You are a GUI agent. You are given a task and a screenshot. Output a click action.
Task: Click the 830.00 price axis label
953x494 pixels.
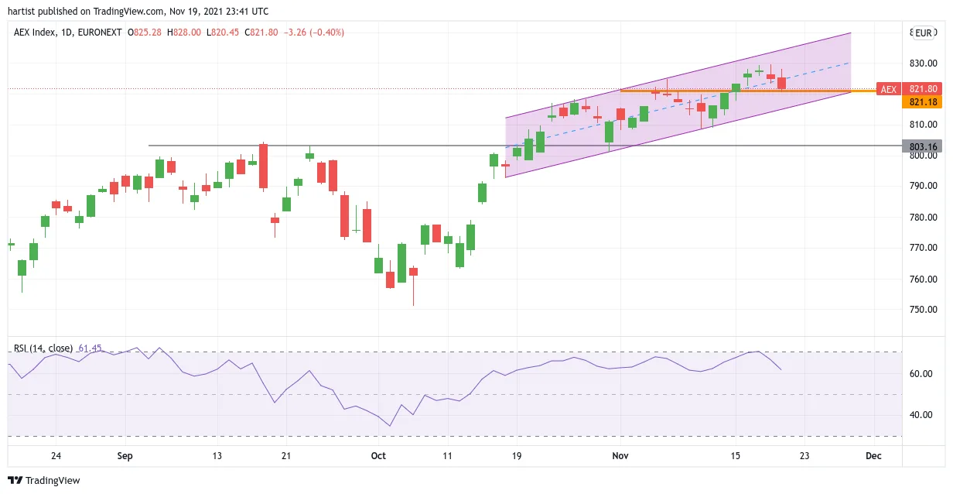click(924, 63)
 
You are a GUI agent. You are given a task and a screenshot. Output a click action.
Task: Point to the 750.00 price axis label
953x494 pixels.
click(924, 310)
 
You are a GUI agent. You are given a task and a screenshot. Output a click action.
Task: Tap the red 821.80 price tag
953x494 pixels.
click(924, 89)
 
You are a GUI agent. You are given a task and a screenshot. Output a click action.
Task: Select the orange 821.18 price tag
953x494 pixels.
click(924, 101)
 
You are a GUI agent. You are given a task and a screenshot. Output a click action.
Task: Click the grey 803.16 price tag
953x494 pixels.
click(924, 146)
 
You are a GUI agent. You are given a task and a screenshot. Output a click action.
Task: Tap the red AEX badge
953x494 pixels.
click(888, 90)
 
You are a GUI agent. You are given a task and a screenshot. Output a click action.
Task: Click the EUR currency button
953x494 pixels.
click(924, 33)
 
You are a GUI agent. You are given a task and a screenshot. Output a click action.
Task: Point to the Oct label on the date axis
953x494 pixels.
click(378, 455)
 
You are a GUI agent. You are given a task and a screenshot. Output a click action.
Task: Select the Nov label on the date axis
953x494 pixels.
click(620, 455)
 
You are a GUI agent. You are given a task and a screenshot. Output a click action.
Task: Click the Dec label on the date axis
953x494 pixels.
click(873, 455)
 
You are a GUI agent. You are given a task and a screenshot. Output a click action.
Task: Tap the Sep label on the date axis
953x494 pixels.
click(125, 455)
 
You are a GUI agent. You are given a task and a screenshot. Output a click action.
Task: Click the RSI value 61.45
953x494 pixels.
click(90, 348)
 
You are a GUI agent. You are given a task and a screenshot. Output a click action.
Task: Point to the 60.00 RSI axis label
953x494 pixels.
click(921, 374)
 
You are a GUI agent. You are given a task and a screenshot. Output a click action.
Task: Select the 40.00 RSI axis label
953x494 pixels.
click(921, 415)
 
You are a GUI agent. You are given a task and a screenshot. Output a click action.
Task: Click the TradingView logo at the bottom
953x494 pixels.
click(44, 480)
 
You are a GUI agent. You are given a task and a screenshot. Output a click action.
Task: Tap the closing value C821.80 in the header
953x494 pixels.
click(261, 33)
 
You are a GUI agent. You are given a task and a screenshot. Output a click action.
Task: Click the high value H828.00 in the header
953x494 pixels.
click(184, 33)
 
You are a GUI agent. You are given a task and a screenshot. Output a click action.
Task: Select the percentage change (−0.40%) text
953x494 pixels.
click(326, 33)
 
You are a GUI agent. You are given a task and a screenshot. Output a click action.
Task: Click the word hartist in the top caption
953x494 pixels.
click(22, 12)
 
